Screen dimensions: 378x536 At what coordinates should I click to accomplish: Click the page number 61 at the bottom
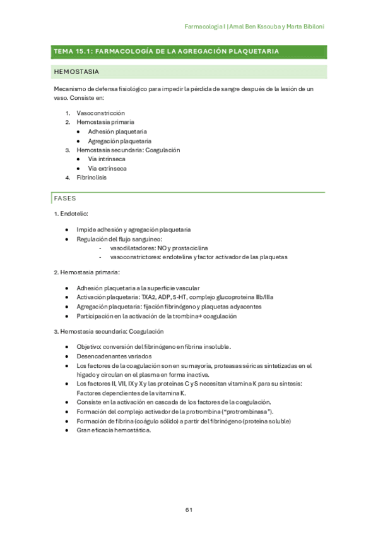189,509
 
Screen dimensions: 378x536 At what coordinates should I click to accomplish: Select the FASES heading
65,198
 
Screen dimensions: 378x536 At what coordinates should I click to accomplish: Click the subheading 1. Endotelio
71,214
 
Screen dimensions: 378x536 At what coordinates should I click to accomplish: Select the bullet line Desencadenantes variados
114,356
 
